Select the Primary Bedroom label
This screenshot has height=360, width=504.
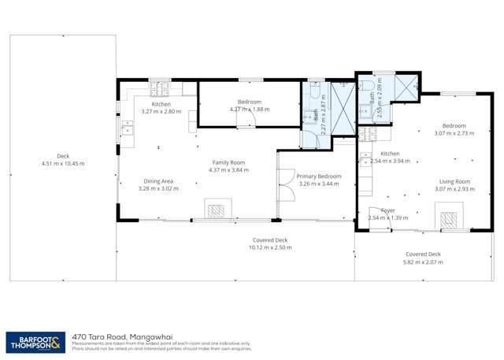coord(319,176)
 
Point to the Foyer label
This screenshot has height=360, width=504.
coord(388,210)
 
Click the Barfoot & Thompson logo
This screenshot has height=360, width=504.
coord(35,341)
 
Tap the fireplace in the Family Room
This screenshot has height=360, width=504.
coord(215,210)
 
